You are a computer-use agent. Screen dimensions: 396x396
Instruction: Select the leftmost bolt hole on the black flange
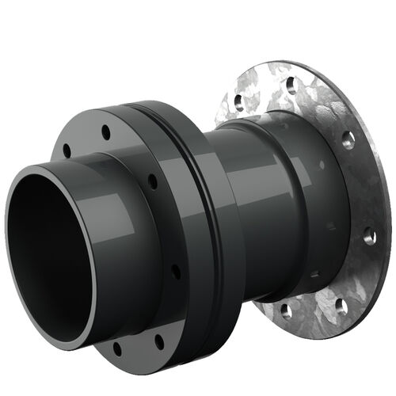(x=67, y=150)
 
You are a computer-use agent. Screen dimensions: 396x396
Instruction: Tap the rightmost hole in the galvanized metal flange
(x=369, y=235)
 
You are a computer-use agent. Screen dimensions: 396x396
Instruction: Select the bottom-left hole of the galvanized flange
(x=287, y=309)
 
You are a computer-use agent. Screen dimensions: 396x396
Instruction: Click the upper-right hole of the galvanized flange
(x=348, y=141)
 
